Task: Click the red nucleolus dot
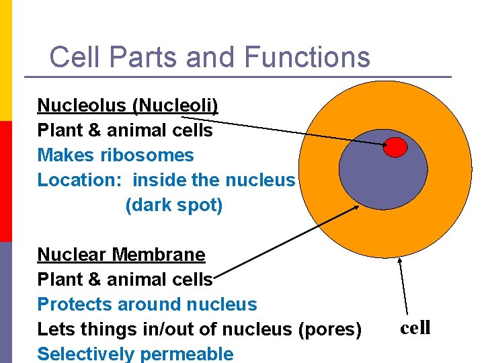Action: [x=395, y=147]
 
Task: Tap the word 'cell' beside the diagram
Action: [x=415, y=328]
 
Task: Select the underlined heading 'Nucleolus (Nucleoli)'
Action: [x=128, y=106]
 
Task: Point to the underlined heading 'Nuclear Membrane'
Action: [x=121, y=255]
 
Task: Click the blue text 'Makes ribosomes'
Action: [x=115, y=155]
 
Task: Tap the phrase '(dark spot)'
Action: [x=173, y=205]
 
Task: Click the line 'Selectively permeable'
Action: [x=135, y=354]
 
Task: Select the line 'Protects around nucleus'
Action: [x=147, y=305]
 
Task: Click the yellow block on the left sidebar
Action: [x=5, y=61]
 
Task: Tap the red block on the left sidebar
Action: [x=5, y=182]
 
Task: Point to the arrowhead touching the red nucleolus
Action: [x=384, y=143]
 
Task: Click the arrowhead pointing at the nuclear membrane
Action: [x=356, y=208]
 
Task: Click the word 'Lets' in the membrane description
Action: [x=53, y=329]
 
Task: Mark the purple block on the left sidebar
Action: [x=5, y=302]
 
